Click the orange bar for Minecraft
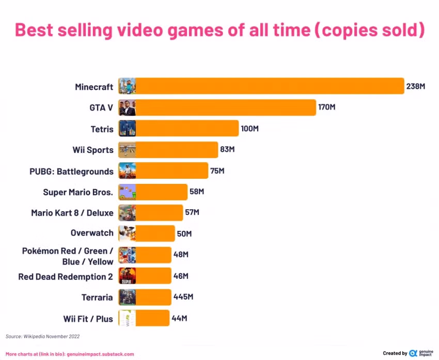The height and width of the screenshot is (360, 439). [x=269, y=86]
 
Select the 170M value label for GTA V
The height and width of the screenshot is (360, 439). [x=327, y=107]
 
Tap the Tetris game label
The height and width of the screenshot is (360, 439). [x=102, y=129]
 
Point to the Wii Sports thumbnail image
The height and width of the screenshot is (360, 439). [x=127, y=150]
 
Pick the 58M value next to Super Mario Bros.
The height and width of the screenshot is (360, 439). [x=197, y=192]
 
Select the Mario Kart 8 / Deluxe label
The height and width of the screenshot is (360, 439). [x=72, y=212]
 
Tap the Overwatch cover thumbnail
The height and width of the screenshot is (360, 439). [x=127, y=233]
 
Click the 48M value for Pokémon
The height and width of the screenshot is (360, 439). [x=181, y=255]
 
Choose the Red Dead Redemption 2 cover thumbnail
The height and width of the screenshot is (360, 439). [x=127, y=276]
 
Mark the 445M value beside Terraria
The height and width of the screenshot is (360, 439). [x=183, y=297]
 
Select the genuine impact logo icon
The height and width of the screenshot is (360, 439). [x=413, y=353]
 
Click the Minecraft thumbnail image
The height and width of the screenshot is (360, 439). [x=127, y=86]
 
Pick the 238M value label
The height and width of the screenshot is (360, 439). [x=415, y=86]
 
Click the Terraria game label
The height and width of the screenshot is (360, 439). [x=97, y=297]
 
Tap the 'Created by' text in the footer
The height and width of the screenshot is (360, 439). [x=395, y=353]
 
